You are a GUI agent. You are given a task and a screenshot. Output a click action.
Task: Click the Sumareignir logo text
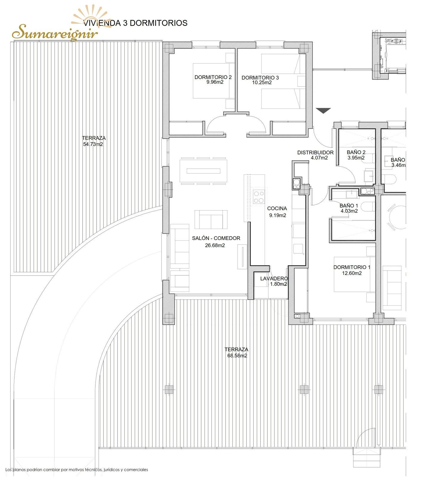tap(55, 32)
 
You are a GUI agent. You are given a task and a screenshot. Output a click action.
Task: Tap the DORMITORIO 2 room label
tap(213, 77)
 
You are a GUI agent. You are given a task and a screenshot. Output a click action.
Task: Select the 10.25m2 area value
tap(262, 83)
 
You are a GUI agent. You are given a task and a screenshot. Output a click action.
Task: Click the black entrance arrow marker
tap(323, 111)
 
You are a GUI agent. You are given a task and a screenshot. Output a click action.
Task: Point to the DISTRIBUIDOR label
tap(315, 153)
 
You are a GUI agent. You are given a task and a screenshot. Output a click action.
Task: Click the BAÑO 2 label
tap(356, 152)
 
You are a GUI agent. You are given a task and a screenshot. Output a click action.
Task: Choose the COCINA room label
tap(277, 209)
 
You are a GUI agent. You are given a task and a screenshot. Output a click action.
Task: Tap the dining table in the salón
tap(203, 171)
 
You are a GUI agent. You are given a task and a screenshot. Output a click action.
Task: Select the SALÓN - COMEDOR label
tap(216, 238)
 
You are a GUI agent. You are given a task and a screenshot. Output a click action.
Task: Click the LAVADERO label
tap(274, 278)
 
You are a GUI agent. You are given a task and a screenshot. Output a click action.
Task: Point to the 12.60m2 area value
tap(352, 273)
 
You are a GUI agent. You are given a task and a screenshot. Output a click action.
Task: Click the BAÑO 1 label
tap(349, 206)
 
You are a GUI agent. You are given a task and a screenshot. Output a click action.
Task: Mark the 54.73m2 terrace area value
tap(93, 144)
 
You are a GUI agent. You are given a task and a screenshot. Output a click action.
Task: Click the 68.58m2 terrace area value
tap(237, 356)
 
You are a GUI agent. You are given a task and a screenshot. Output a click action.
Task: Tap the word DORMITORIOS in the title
tap(159, 23)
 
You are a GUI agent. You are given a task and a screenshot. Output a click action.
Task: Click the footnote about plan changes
tap(77, 470)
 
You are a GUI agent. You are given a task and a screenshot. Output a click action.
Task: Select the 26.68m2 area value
tap(215, 246)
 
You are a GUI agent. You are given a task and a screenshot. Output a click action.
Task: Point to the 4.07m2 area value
tap(319, 158)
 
